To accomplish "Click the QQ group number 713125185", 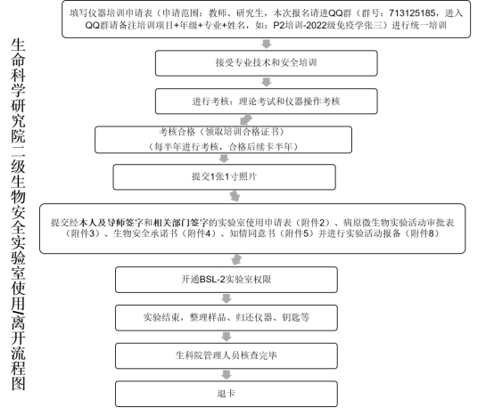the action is pyautogui.click(x=412, y=13).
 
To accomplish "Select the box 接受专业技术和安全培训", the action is pyautogui.click(x=267, y=63).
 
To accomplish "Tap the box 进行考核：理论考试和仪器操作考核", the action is pyautogui.click(x=267, y=102).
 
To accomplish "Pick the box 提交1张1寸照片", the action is pyautogui.click(x=225, y=177).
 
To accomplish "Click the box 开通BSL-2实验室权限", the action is pyautogui.click(x=226, y=280).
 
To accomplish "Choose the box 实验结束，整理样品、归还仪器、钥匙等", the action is pyautogui.click(x=226, y=318).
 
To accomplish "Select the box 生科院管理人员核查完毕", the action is pyautogui.click(x=226, y=355).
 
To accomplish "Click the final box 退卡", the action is pyautogui.click(x=226, y=394).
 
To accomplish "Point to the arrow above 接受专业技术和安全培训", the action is pyautogui.click(x=267, y=44).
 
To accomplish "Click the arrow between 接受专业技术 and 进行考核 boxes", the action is pyautogui.click(x=267, y=82).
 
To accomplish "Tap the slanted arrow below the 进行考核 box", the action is pyautogui.click(x=246, y=120).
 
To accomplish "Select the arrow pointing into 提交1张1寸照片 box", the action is pyautogui.click(x=224, y=159).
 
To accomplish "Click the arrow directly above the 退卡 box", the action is pyautogui.click(x=226, y=375).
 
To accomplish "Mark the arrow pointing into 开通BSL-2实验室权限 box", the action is pyautogui.click(x=236, y=260).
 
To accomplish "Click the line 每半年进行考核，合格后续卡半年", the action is pyautogui.click(x=223, y=147).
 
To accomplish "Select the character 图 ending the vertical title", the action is pyautogui.click(x=18, y=383).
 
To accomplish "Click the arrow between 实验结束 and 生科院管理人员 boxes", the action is pyautogui.click(x=226, y=337).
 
